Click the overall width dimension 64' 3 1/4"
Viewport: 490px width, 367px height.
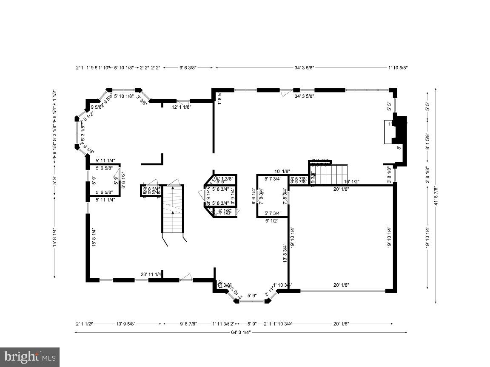[x=240, y=332]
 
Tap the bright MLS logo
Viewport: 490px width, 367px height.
[x=29, y=356]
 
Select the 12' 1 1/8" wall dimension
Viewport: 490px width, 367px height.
[x=181, y=107]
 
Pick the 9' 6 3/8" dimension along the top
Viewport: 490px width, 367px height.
[x=188, y=68]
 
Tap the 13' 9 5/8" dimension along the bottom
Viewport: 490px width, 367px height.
[x=125, y=324]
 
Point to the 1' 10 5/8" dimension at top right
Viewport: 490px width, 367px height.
[x=398, y=68]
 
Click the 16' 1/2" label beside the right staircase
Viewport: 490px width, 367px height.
[x=351, y=182]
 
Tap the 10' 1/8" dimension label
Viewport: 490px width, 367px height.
[x=282, y=171]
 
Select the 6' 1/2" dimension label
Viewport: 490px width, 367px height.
[x=272, y=220]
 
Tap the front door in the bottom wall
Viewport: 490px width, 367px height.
[x=185, y=278]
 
